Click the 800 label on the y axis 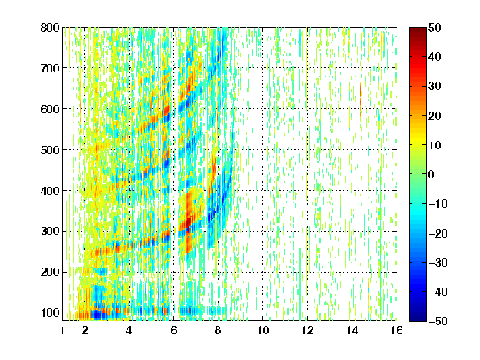(x=50, y=27)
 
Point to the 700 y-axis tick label (x=50, y=68)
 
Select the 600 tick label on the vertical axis (x=50, y=109)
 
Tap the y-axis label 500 (x=50, y=150)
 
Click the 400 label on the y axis (x=50, y=191)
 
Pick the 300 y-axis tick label (x=50, y=231)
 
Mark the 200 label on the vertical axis (x=50, y=272)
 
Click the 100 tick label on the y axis (x=50, y=312)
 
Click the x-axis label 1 (x=62, y=330)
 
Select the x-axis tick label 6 (x=174, y=330)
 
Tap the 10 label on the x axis (x=263, y=330)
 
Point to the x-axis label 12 (x=307, y=330)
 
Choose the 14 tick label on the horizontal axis (x=352, y=330)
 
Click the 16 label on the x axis (x=397, y=330)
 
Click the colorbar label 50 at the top (x=435, y=27)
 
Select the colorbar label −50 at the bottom (x=438, y=321)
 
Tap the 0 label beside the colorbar (x=432, y=174)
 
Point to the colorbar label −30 (x=438, y=262)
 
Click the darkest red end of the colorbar (x=417, y=29)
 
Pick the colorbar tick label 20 (x=435, y=116)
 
